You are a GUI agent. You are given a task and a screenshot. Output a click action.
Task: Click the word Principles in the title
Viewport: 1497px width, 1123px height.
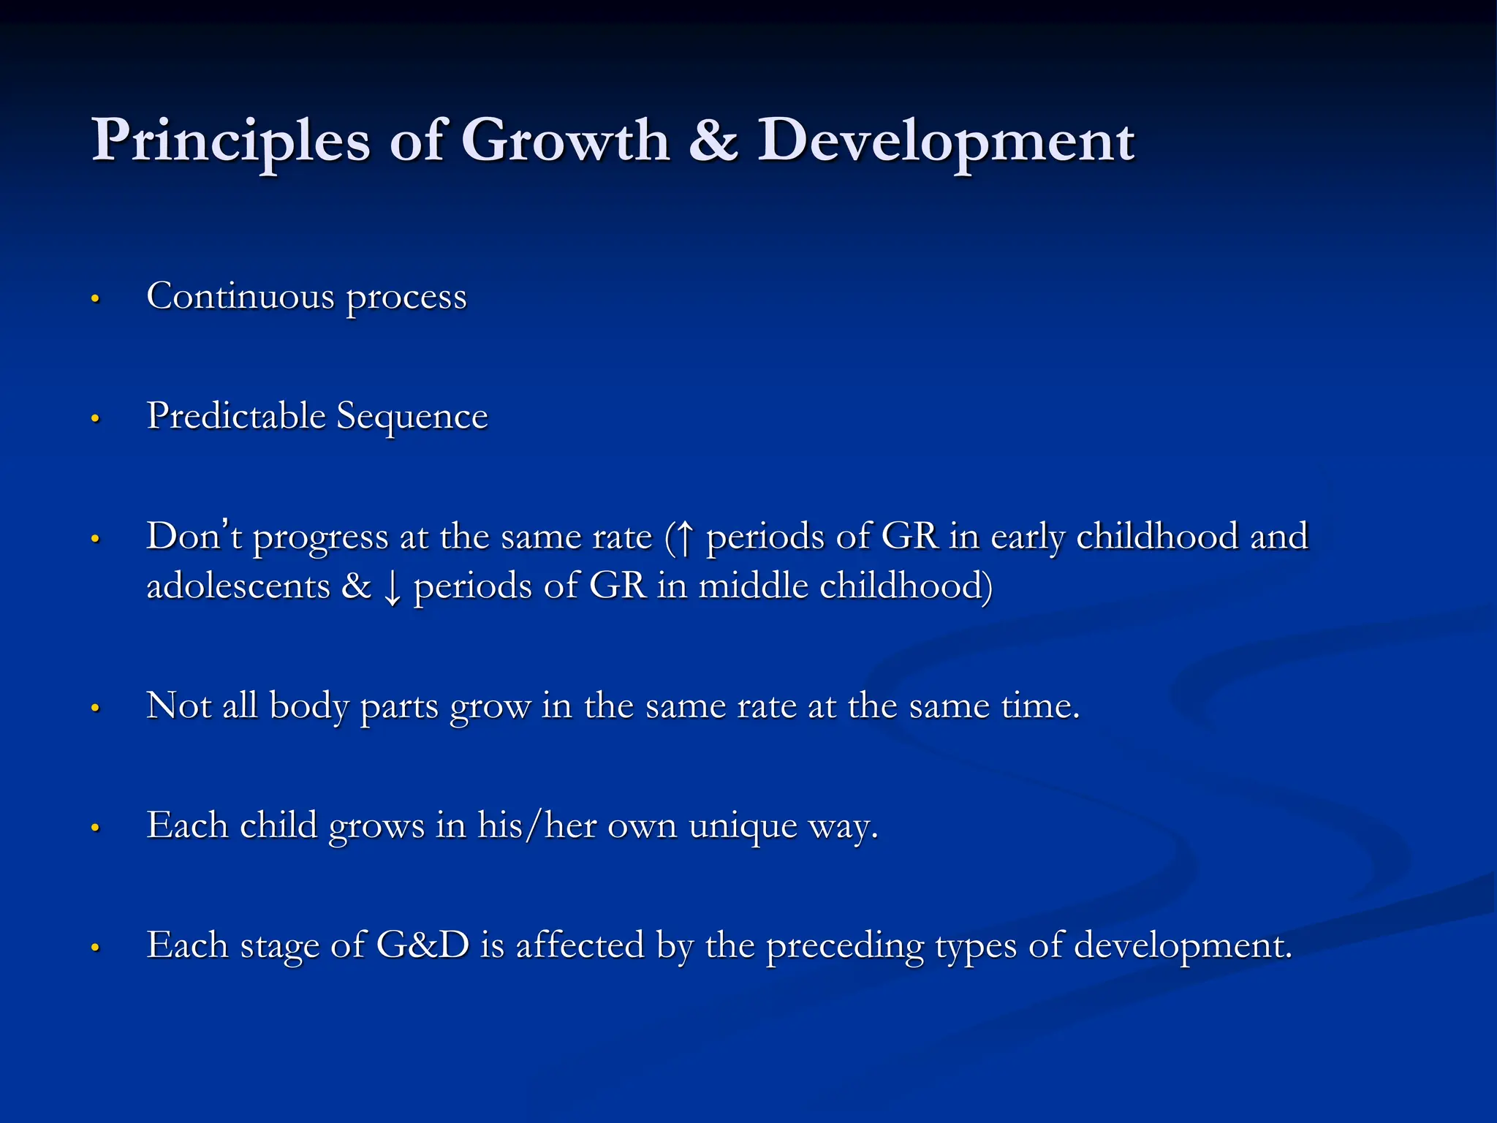click(x=230, y=140)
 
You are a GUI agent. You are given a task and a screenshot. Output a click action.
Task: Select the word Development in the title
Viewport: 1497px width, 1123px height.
click(x=945, y=140)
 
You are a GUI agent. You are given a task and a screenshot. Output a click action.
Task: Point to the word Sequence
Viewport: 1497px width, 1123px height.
click(x=412, y=417)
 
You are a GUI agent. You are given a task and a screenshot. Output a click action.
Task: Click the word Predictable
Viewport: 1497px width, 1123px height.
click(x=235, y=417)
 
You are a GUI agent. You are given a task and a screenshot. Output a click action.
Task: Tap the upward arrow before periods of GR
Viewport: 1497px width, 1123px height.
click(x=684, y=537)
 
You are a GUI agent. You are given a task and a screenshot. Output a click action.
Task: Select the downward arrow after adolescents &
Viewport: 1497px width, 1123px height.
click(x=393, y=588)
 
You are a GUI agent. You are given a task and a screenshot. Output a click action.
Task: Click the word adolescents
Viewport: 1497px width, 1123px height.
click(x=238, y=586)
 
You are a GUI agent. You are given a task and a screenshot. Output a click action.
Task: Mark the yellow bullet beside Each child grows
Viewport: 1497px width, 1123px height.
click(x=94, y=828)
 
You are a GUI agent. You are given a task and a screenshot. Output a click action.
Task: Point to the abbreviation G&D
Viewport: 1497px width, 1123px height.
click(x=422, y=945)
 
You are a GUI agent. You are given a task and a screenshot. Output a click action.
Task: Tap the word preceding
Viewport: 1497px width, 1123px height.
click(x=844, y=947)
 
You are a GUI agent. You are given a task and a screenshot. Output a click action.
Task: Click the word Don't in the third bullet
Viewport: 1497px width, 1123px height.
click(x=194, y=536)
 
